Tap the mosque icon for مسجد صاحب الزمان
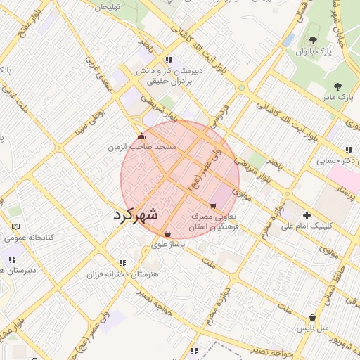click(x=141, y=136)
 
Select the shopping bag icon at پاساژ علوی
click(x=167, y=234)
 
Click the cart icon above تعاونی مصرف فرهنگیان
click(x=213, y=206)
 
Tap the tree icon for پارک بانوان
click(x=313, y=40)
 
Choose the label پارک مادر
click(x=337, y=96)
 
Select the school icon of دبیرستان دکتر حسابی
click(x=349, y=149)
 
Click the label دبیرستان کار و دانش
click(x=168, y=71)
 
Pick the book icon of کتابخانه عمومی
click(x=15, y=226)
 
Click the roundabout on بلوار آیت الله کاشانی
click(x=242, y=89)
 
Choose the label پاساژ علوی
click(x=168, y=245)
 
